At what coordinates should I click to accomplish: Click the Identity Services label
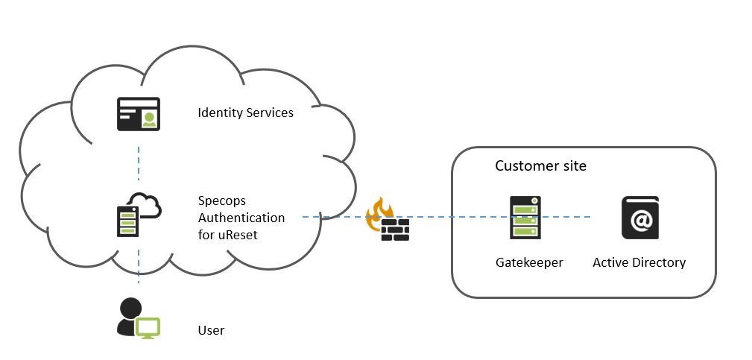click(245, 113)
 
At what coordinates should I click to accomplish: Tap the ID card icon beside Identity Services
click(139, 114)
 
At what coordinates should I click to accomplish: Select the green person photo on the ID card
click(150, 119)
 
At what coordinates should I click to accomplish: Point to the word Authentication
click(241, 218)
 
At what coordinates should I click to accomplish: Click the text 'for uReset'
click(228, 235)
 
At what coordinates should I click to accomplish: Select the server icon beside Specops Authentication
click(127, 221)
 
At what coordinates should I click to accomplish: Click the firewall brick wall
click(395, 230)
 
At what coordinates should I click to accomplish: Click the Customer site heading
click(540, 166)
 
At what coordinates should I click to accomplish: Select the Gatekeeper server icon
click(525, 218)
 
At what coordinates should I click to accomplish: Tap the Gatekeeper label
click(529, 262)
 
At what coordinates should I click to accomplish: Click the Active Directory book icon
click(640, 218)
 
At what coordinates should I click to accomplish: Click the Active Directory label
click(639, 262)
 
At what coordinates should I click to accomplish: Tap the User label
click(211, 330)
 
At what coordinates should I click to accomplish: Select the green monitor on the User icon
click(148, 328)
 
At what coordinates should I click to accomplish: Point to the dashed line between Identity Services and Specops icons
click(139, 163)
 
